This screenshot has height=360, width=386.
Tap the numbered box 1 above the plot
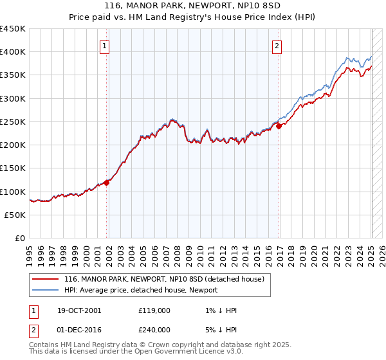[104, 46]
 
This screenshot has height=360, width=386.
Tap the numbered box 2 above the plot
[277, 46]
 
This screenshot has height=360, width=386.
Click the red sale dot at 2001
[107, 182]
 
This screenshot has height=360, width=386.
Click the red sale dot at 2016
[279, 127]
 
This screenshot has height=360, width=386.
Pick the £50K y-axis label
[15, 215]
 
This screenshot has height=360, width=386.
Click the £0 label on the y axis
[21, 238]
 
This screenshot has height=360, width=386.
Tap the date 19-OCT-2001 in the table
[79, 310]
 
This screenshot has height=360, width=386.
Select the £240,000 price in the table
[154, 329]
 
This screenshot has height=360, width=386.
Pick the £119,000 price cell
[154, 310]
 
